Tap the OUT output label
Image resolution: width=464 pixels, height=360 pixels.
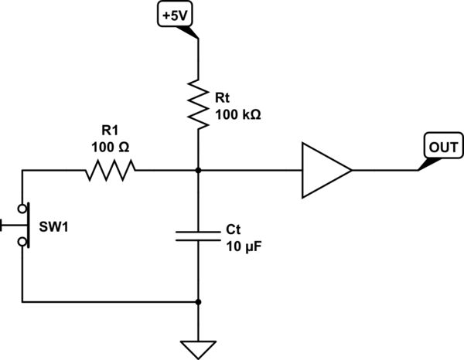click(x=441, y=144)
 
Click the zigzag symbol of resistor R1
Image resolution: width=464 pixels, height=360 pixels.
click(x=110, y=170)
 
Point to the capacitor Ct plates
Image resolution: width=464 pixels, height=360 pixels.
click(x=199, y=235)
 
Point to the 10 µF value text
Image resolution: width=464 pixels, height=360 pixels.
click(x=244, y=246)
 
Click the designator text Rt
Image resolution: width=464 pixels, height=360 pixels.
click(x=223, y=97)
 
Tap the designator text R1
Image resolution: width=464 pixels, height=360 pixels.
click(x=111, y=131)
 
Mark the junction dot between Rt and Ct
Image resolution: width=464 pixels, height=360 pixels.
click(x=199, y=170)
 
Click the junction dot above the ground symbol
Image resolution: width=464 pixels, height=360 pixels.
click(x=199, y=301)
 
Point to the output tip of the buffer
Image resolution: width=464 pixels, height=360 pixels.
click(x=352, y=170)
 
